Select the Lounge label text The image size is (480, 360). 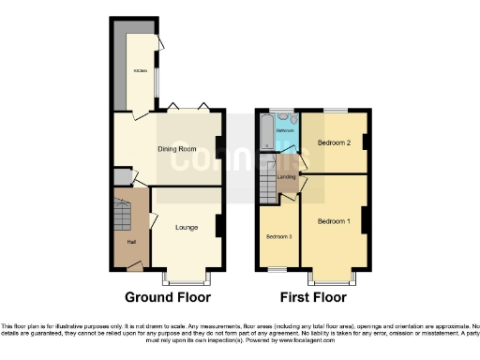point(186,227)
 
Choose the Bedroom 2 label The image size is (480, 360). point(333,143)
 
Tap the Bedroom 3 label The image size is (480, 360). point(278,236)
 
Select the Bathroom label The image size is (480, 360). point(285,129)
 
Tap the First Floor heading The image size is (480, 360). point(313,297)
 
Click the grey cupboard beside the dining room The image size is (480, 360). point(121,176)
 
